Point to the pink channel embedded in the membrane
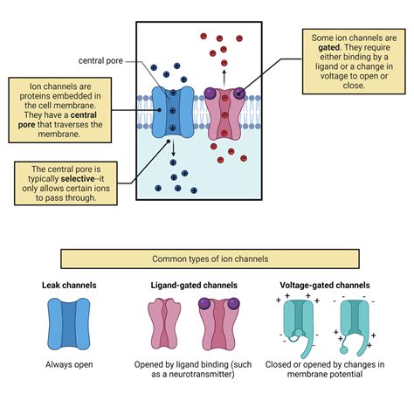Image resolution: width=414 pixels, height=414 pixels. [x=225, y=113]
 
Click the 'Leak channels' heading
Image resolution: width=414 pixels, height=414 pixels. [x=69, y=286]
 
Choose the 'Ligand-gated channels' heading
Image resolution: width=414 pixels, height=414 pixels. [x=197, y=286]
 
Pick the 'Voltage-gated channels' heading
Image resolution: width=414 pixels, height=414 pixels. [x=325, y=286]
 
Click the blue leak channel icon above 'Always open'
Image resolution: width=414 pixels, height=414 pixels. [x=68, y=322]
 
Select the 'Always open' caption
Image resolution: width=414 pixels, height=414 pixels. [x=68, y=364]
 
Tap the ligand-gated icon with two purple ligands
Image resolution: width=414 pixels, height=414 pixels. [x=219, y=322]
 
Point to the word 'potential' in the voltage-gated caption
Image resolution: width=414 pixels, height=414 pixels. [x=350, y=376]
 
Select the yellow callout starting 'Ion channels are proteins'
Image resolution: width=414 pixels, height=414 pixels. [x=66, y=108]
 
